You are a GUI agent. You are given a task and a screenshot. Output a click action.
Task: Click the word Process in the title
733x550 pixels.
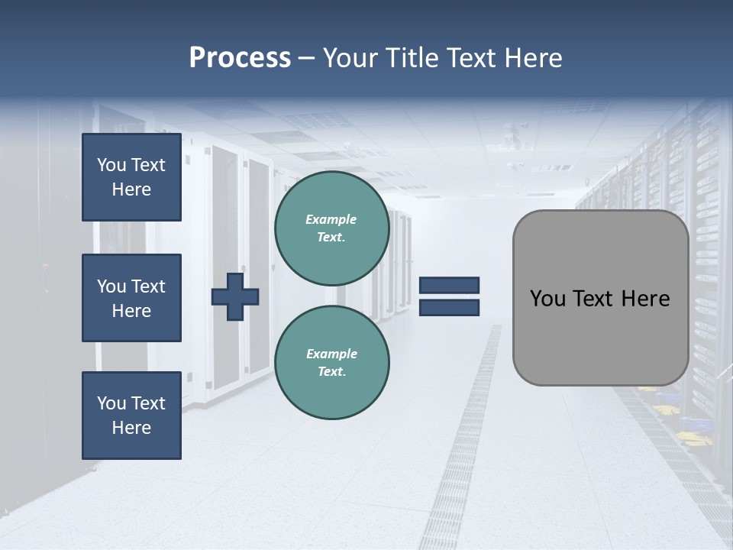pyautogui.click(x=240, y=58)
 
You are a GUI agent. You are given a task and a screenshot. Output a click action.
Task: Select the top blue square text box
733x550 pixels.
pyautogui.click(x=131, y=177)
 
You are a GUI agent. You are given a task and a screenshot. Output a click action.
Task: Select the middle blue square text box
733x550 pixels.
pyautogui.click(x=131, y=298)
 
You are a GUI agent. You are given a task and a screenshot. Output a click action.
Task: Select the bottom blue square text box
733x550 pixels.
pyautogui.click(x=131, y=415)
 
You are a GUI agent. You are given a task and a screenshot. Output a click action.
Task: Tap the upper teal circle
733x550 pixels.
pyautogui.click(x=331, y=228)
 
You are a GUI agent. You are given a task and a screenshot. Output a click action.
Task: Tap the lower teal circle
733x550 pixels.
pyautogui.click(x=331, y=362)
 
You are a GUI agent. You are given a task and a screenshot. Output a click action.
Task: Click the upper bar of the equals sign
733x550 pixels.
pyautogui.click(x=449, y=285)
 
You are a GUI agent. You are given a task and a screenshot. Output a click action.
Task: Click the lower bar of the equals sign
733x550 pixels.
pyautogui.click(x=449, y=307)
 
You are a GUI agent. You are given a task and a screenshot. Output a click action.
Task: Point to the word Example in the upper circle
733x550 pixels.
pyautogui.click(x=331, y=219)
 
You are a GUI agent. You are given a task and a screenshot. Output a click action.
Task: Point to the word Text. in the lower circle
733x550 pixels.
pyautogui.click(x=331, y=371)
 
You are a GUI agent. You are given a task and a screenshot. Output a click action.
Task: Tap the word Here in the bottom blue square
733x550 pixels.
pyautogui.click(x=131, y=428)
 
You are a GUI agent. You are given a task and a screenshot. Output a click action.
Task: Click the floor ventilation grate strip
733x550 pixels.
pyautogui.click(x=466, y=458)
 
